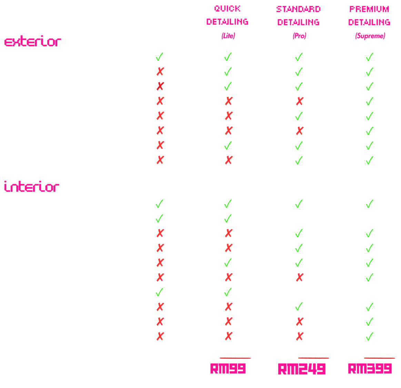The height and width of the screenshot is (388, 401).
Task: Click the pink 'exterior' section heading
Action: click(33, 42)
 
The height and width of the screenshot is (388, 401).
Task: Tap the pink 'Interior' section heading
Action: click(32, 187)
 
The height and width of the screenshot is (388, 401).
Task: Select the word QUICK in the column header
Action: click(227, 9)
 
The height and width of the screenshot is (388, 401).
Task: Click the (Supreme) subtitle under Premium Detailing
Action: click(370, 36)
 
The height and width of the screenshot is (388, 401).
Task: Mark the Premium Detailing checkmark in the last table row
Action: click(369, 336)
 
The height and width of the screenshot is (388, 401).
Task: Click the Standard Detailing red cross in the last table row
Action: click(299, 336)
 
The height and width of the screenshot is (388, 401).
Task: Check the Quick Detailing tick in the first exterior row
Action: click(228, 57)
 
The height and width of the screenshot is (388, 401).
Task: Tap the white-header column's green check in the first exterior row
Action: click(159, 57)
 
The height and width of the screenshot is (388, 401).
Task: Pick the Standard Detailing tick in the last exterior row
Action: click(299, 160)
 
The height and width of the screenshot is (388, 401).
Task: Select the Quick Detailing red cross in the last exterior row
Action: click(228, 160)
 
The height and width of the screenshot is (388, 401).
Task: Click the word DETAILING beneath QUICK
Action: click(227, 22)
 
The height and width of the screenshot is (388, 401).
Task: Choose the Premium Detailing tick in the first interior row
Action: click(369, 204)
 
